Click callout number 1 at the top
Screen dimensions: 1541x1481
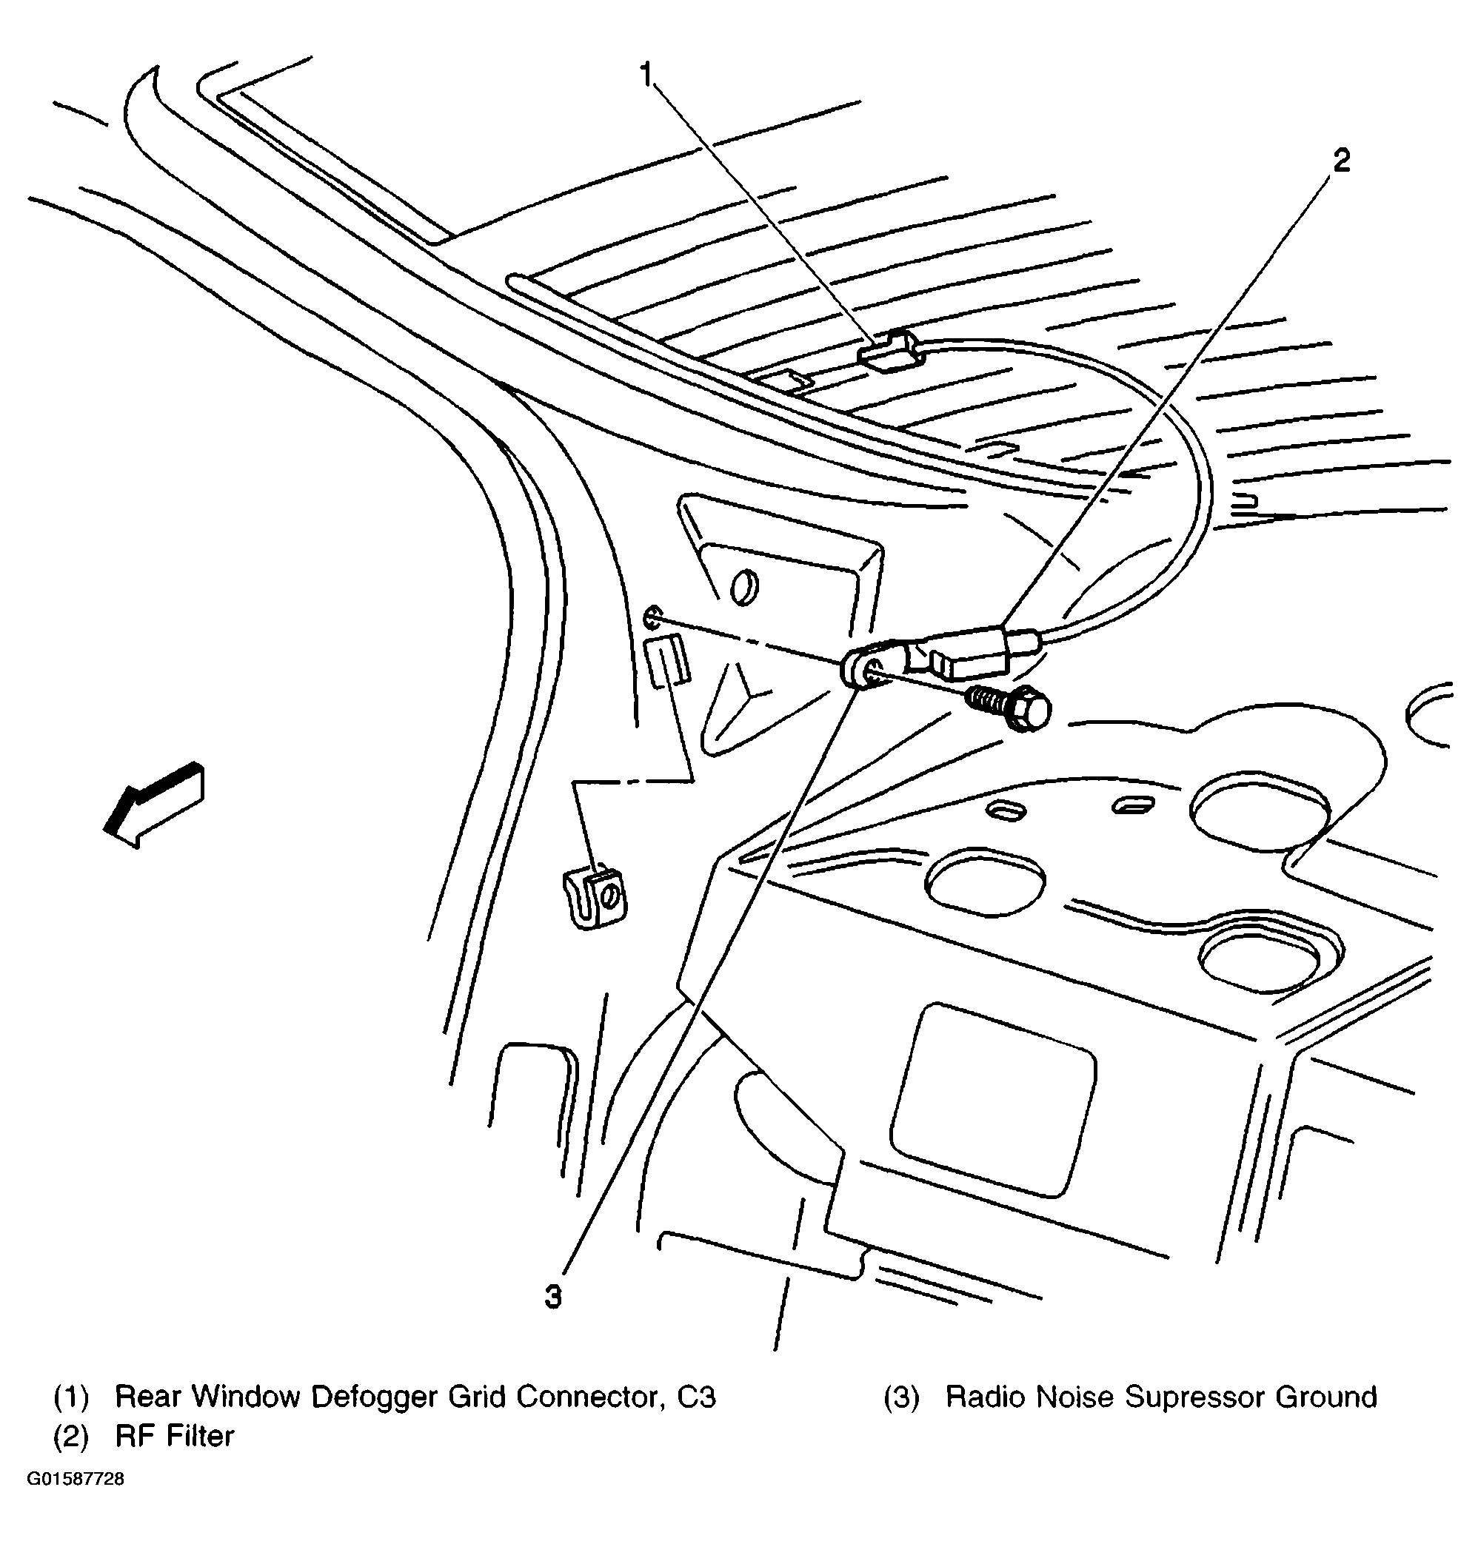click(x=646, y=75)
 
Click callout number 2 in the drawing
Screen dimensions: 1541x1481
click(x=1341, y=161)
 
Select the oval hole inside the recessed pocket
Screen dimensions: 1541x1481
click(x=743, y=586)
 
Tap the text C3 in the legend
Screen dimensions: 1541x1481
click(x=696, y=1397)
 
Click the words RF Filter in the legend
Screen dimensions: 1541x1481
click(x=174, y=1436)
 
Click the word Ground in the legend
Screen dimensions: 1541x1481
click(x=1325, y=1397)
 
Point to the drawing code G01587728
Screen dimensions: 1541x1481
click(x=76, y=1479)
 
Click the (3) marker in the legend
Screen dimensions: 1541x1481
click(x=901, y=1397)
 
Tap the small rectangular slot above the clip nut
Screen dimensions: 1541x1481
click(x=666, y=661)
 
